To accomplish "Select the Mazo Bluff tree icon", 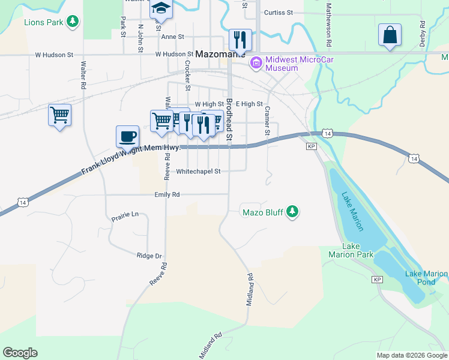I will (292, 211).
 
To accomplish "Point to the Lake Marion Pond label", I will (426, 278).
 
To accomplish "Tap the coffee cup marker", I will (127, 136).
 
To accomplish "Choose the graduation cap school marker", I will (161, 8).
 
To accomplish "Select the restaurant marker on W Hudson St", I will (240, 40).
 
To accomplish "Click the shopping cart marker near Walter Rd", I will (59, 114).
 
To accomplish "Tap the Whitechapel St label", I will (198, 171).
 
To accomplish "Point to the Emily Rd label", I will (167, 194).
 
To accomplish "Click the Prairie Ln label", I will (125, 214).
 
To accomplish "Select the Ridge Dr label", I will (149, 256).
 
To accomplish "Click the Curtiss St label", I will (278, 12).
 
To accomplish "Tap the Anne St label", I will (172, 37).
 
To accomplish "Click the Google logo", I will (20, 352).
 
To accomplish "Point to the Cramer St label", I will (268, 120).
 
